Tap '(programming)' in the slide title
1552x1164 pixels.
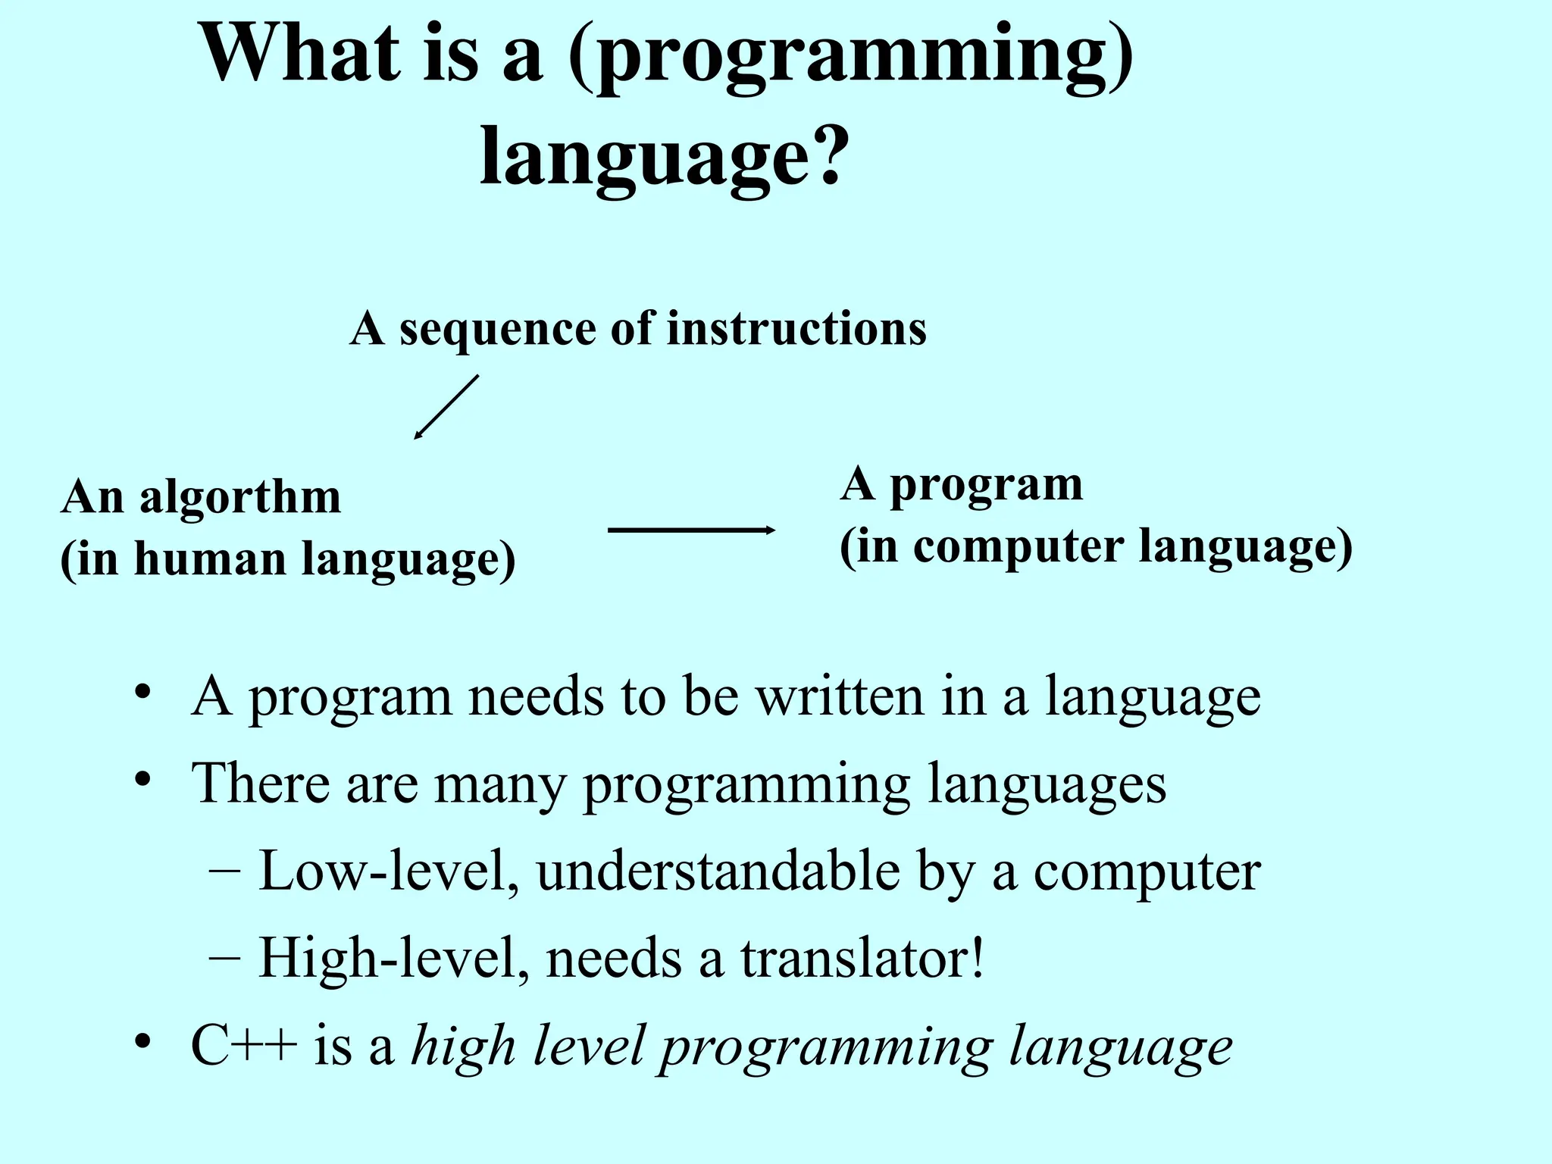(x=850, y=57)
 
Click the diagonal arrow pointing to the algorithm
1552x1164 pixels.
(x=446, y=407)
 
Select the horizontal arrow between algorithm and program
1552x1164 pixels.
(x=691, y=530)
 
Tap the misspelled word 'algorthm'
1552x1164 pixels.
(x=240, y=499)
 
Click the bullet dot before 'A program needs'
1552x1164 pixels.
(x=143, y=693)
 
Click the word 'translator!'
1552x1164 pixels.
(x=862, y=958)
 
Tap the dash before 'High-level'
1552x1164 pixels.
(x=224, y=956)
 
